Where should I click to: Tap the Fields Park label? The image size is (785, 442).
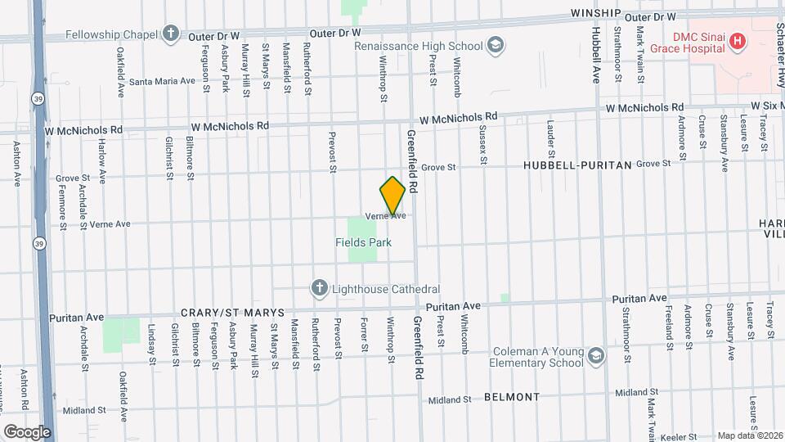tap(363, 242)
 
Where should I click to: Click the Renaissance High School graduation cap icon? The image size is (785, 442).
tap(495, 45)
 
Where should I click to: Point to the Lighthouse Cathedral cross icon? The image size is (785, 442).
tap(319, 288)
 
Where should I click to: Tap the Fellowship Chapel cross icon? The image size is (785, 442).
tap(170, 33)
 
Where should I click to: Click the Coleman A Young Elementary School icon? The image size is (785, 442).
tap(596, 354)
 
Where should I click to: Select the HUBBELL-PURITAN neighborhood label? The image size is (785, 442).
tap(577, 165)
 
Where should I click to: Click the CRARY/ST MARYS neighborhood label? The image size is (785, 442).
tap(232, 313)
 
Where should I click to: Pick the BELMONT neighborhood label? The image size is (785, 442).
tap(512, 397)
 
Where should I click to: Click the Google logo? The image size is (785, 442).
tap(27, 431)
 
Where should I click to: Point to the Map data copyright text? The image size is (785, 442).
tap(751, 435)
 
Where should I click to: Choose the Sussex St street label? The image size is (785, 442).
tap(483, 146)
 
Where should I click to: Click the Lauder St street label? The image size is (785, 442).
tap(550, 139)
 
